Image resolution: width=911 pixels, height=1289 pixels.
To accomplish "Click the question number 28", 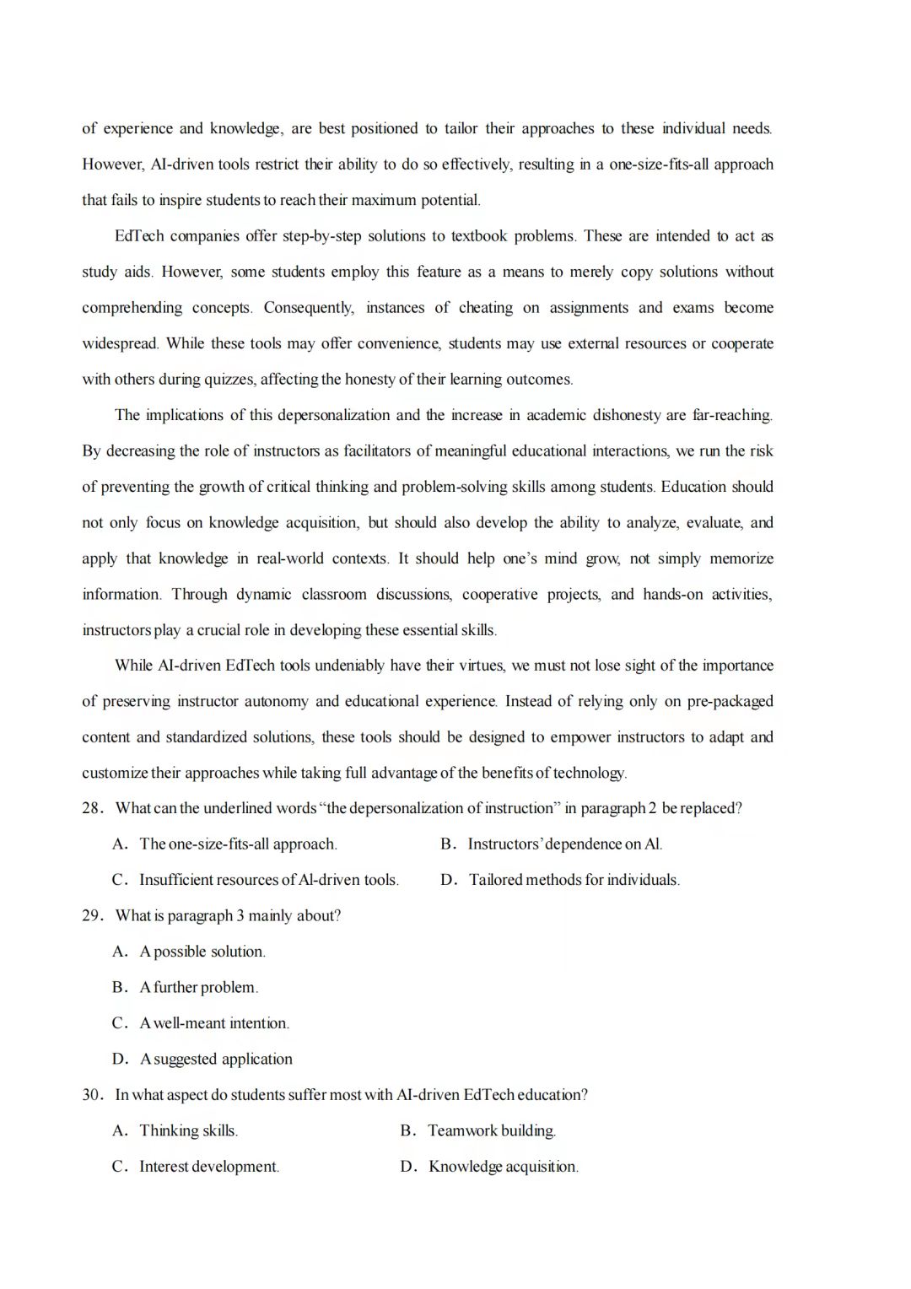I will (91, 808).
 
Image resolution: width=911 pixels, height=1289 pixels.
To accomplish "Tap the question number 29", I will (91, 916).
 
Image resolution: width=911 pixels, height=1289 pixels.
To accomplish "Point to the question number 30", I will (91, 1095).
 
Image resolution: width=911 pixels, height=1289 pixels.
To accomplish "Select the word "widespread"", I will (119, 343).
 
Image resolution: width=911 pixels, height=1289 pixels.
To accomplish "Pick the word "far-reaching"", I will (731, 415).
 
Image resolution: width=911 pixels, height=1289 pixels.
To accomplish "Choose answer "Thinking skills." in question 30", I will (188, 1131).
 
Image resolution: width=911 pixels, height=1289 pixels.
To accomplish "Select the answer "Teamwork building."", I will (491, 1131).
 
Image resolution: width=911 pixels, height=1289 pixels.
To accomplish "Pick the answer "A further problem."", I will (198, 988).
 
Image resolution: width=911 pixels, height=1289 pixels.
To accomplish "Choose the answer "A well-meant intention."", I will (213, 1023).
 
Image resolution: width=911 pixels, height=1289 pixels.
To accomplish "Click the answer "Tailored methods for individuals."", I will (574, 880).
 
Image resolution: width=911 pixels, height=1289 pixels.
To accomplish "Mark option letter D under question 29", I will (120, 1060).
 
